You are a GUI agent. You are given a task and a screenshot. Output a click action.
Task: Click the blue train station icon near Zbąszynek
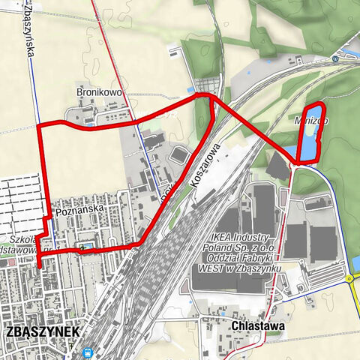pos(88,350)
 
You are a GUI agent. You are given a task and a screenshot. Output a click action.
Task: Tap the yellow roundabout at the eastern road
pos(350,278)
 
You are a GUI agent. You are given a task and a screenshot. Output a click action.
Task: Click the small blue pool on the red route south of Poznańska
pos(88,246)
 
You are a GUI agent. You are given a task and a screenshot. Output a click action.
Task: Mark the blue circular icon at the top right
pos(335,59)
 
